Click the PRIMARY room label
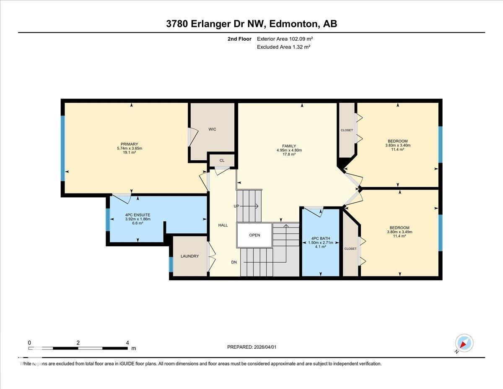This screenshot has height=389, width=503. pos(130,144)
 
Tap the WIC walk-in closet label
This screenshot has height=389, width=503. pos(213,129)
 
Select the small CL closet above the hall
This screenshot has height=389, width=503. pos(222,160)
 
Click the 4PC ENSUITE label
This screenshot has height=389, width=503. pos(137,215)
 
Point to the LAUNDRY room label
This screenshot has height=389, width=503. pos(189,256)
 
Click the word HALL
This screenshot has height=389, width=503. pos(223,225)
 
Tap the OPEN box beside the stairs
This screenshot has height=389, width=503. pos(254,235)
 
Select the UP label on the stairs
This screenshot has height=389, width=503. pos(236,206)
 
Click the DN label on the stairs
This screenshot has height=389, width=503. pos(235,262)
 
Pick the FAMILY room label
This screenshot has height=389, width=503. pos(289,146)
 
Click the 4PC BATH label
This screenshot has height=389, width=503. pos(320,238)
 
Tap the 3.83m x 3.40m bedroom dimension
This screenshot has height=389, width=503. pos(397,146)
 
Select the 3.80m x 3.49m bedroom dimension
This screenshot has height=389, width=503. pos(399,232)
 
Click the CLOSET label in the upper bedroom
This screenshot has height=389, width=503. pos(347,130)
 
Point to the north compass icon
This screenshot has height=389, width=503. pos(464,343)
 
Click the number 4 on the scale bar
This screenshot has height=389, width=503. pos(127,342)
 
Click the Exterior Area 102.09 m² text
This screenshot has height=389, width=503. pos(285,39)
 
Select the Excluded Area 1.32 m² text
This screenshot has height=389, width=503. pos(283,47)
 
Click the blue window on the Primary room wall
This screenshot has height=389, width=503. pos(63,148)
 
